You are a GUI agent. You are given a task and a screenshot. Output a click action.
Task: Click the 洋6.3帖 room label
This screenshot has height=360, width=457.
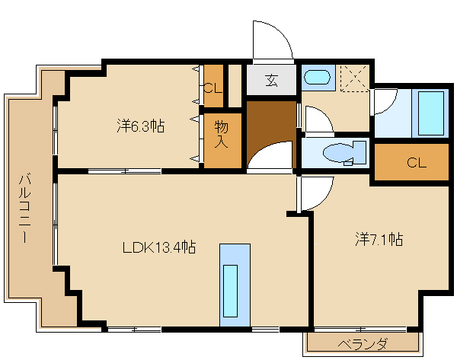140,126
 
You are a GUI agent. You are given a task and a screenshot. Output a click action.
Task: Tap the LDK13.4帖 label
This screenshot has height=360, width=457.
159,247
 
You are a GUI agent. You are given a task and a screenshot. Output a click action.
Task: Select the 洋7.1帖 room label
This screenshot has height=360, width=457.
379,239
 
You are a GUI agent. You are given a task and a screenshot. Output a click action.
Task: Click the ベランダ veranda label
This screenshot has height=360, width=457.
363,344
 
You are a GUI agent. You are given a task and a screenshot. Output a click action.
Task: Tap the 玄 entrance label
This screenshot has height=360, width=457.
271,80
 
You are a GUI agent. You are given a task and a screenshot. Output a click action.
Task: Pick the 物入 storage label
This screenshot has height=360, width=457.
221,134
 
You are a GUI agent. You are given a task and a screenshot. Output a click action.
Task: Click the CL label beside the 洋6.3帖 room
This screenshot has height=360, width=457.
213,88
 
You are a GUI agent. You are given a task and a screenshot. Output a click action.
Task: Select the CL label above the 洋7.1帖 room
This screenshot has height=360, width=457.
417,163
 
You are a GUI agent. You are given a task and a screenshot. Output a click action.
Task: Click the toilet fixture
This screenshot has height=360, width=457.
344,153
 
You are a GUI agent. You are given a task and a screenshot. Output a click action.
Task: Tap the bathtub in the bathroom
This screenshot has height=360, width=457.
431,113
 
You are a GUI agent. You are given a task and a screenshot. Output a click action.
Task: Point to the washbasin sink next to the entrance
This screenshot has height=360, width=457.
317,78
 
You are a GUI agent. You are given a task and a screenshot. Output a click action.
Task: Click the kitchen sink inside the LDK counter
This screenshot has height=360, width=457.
230,291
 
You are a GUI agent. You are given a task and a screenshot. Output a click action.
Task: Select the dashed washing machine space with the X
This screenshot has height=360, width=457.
355,78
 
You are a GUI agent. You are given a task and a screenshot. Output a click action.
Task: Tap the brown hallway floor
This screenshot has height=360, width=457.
271,128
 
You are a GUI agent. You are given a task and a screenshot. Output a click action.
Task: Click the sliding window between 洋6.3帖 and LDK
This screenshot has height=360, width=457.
124,171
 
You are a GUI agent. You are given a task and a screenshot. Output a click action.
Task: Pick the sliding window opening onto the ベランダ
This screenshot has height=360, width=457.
360,330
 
